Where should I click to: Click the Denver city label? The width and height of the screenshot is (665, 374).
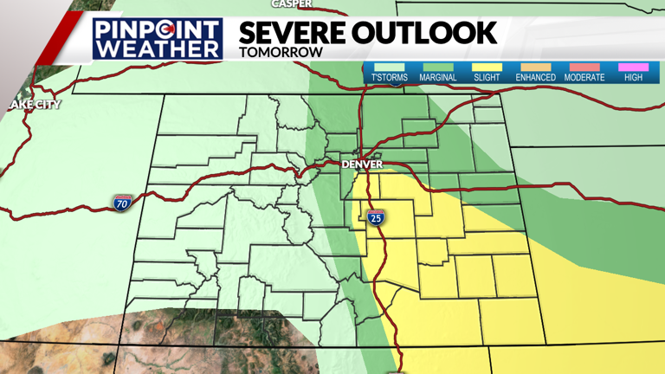coord(362,164)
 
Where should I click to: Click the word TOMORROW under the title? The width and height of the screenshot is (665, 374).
coord(281,52)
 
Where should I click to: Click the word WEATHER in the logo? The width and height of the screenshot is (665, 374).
coord(158,48)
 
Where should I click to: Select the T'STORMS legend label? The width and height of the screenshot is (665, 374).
coord(389,78)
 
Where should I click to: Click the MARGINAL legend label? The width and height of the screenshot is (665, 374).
coord(438,78)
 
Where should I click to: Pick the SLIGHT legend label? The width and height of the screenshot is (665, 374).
coord(487,78)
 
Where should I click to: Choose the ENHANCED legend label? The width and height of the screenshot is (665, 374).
coord(535,78)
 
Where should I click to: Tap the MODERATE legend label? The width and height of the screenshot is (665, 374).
coord(584,78)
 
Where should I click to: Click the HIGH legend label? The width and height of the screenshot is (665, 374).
coord(633,78)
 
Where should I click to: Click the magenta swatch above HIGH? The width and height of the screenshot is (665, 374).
coord(633,68)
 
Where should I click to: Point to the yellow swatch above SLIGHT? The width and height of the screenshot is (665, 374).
coord(487,68)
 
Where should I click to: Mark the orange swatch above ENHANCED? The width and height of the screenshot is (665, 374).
coord(535,68)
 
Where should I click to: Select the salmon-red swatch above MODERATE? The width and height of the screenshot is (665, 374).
coord(584,68)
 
